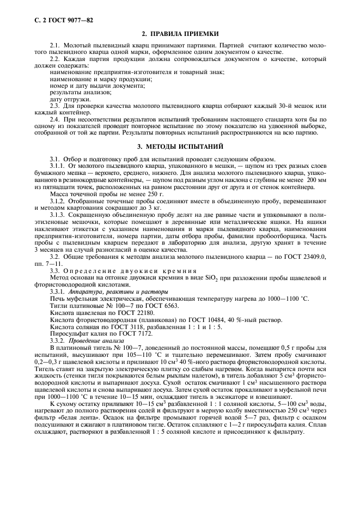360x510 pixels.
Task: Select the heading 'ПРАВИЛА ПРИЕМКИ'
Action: coord(186,33)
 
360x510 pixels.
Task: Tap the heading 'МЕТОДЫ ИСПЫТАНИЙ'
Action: coord(186,147)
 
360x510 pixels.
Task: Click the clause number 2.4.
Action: coord(54,118)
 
